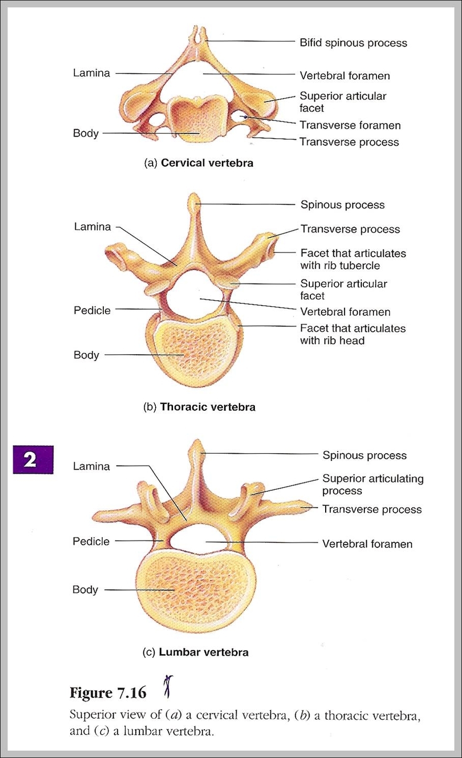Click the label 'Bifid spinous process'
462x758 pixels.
coord(353,43)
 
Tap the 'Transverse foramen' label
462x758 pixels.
coord(350,125)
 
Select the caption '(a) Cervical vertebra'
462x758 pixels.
coord(199,163)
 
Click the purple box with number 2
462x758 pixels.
coord(33,459)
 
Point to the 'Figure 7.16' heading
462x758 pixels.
coord(108,693)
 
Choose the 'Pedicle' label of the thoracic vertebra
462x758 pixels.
coord(92,311)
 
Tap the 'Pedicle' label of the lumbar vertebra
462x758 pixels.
coord(91,541)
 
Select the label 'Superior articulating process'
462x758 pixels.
coord(372,485)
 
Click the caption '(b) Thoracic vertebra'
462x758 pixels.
coord(199,407)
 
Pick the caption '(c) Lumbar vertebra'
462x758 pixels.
coord(196,653)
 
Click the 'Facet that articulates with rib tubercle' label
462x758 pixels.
coord(353,259)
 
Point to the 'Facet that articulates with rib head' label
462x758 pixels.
coord(352,334)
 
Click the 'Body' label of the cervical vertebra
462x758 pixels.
coord(86,134)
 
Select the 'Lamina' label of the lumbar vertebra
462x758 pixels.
coord(91,466)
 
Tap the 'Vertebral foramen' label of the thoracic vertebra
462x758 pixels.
coord(345,312)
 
